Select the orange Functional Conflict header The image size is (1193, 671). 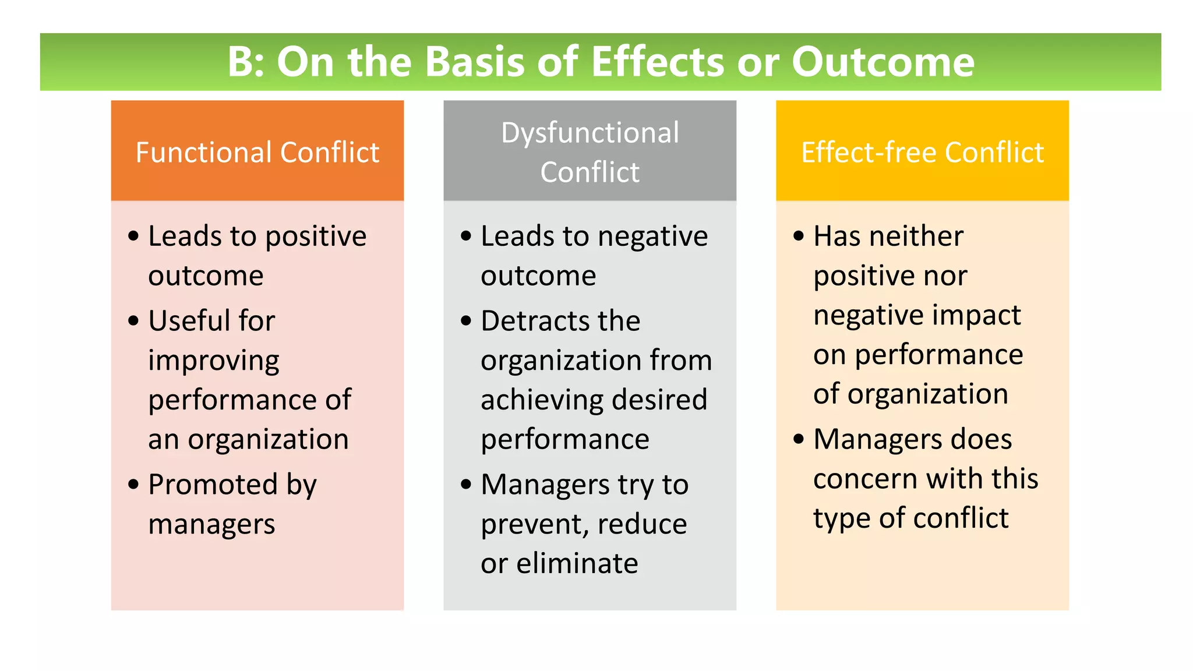pyautogui.click(x=257, y=152)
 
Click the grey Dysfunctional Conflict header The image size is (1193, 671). pyautogui.click(x=590, y=151)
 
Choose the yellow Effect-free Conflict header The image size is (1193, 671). pyautogui.click(x=922, y=152)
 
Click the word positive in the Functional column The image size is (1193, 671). pyautogui.click(x=316, y=236)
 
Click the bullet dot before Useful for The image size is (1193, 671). pyautogui.click(x=134, y=321)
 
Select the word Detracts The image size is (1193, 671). pyautogui.click(x=531, y=321)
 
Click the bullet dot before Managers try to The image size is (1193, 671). pyautogui.click(x=466, y=485)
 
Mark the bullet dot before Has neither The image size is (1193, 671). pyautogui.click(x=799, y=236)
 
